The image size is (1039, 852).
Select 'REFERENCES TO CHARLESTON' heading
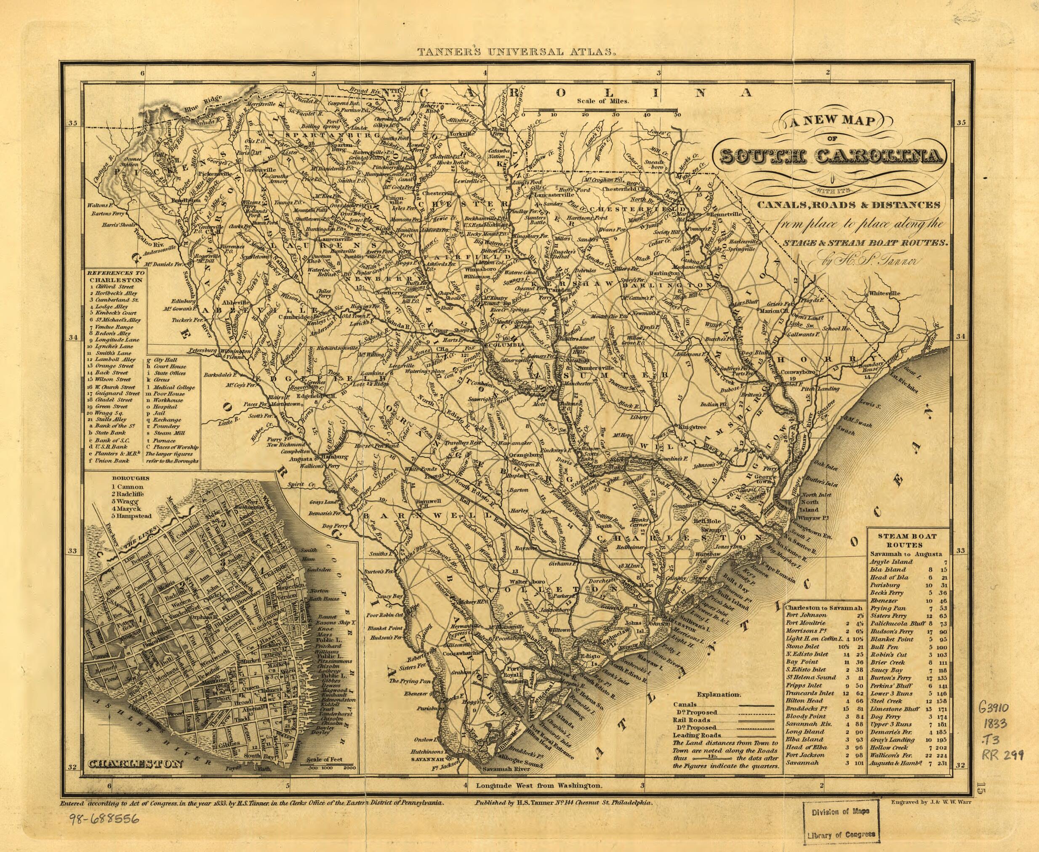coord(115,276)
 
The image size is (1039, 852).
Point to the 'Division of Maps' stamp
coord(840,811)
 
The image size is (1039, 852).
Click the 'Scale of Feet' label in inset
coord(324,760)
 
